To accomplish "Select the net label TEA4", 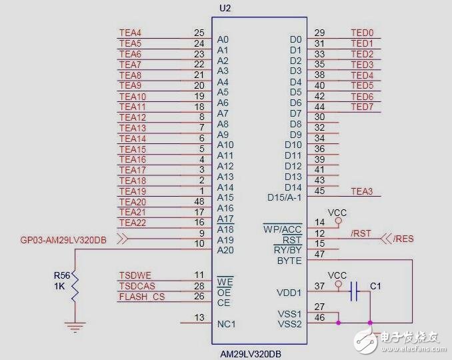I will tap(130, 33).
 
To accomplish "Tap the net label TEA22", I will tap(132, 223).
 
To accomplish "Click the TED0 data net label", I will tap(362, 33).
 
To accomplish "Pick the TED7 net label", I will tap(362, 107).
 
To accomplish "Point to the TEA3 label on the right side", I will tap(362, 192).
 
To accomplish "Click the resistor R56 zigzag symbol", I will tap(75, 285).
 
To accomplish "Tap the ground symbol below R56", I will tap(75, 326).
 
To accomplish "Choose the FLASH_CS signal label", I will tap(141, 297).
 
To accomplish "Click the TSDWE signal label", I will tap(135, 275).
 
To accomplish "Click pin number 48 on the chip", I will tap(199, 202).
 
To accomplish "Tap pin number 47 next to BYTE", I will tap(319, 254).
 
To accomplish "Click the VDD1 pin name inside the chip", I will tap(289, 292).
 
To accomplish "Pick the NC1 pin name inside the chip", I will tap(227, 325).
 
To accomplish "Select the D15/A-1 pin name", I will tap(283, 197).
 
